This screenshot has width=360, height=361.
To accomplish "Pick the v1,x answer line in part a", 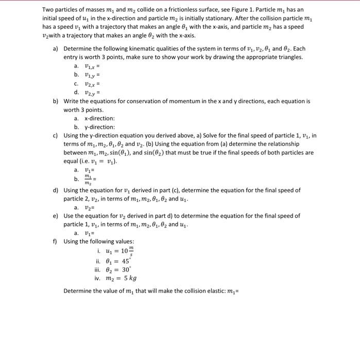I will click(88, 65).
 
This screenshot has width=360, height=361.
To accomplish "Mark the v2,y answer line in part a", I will click(88, 92).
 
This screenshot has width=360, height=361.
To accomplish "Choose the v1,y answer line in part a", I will click(88, 74).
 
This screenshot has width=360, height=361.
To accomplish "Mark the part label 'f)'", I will click(56, 241).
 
